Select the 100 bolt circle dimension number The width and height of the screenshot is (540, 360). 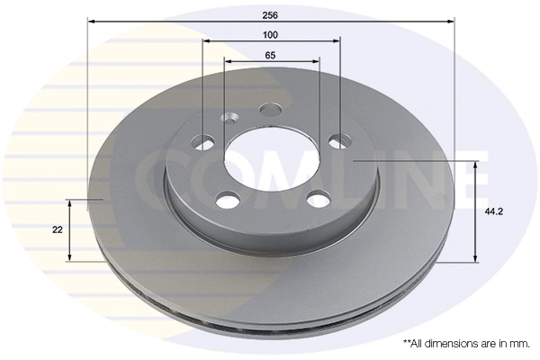click(x=270, y=34)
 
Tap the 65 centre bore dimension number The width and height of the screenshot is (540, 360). click(x=270, y=55)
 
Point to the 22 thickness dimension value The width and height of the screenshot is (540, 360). click(x=58, y=229)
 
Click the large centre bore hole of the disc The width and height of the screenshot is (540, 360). click(x=271, y=161)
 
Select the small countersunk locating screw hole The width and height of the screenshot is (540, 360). click(x=229, y=118)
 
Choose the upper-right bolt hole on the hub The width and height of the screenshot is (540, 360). click(x=338, y=140)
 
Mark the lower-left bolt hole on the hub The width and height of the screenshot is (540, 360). click(x=227, y=198)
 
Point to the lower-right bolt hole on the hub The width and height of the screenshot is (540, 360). click(x=316, y=198)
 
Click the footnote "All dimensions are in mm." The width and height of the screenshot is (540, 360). click(x=465, y=344)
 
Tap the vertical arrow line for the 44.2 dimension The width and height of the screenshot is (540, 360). click(x=473, y=211)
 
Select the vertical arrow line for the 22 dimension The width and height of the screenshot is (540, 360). click(x=71, y=229)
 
